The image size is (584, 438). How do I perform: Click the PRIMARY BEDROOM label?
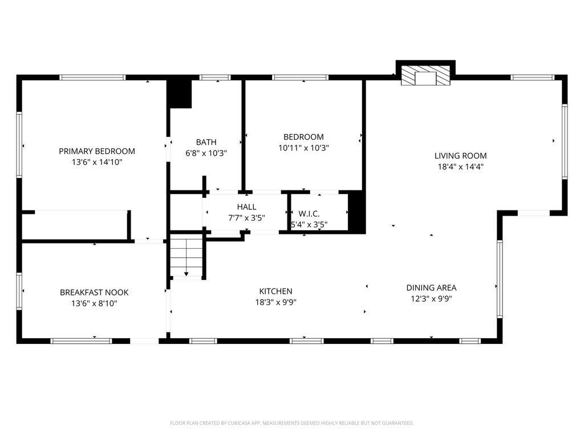tap(97, 151)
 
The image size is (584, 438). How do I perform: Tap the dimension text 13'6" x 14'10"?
tap(97, 162)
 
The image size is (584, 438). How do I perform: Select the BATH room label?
tap(206, 142)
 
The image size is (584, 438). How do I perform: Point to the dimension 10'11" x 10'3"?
tap(303, 148)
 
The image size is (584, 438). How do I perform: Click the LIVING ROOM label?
tap(460, 156)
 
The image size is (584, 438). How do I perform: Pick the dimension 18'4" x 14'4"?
tap(460, 167)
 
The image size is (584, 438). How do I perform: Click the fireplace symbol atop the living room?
tap(425, 76)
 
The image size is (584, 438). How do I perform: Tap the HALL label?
tap(246, 206)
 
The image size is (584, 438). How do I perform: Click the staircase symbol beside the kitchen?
tap(187, 258)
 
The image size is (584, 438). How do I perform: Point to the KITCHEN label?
tap(275, 291)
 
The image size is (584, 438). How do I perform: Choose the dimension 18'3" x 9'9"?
tap(275, 302)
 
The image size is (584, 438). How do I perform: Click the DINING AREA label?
tap(431, 287)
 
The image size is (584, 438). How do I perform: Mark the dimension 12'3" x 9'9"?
tap(431, 298)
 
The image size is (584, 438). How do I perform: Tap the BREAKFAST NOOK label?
tap(94, 293)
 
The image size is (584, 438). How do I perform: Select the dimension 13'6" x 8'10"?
tap(94, 303)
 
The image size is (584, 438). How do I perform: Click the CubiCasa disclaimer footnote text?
tap(291, 423)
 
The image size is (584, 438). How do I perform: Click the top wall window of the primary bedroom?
tap(92, 78)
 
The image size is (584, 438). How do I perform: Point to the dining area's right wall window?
tap(500, 279)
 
